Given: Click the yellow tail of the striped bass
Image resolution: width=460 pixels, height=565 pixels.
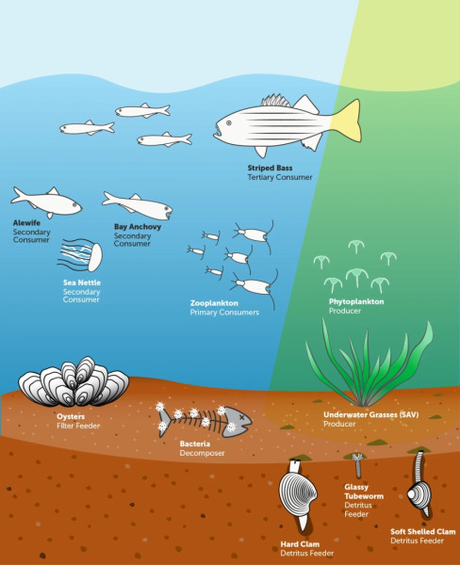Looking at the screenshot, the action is tap(348, 121).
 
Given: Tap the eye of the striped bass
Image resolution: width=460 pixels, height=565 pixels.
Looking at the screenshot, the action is tap(229, 123).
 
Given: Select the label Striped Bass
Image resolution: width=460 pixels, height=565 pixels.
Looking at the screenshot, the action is tap(270, 168).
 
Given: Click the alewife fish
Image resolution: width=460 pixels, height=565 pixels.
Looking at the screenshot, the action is tap(46, 202).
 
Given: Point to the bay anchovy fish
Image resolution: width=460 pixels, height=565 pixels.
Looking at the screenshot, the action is tap(138, 205).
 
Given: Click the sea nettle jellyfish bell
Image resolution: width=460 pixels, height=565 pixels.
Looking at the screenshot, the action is tap(95, 257).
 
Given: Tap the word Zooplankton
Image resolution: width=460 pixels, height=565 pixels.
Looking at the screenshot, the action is tap(214, 303).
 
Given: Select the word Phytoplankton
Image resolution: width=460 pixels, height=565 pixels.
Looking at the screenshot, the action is tap(356, 301).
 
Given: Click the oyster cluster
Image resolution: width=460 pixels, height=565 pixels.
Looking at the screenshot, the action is tap(74, 382).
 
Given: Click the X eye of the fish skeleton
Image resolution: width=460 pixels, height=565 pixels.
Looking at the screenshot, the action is tap(241, 417).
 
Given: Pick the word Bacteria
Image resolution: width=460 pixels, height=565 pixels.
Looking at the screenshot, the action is tap(195, 444).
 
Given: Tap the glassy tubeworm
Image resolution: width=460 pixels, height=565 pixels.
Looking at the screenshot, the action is tap(357, 465).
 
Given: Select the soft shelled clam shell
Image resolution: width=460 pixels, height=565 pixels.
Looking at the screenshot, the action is tap(419, 495).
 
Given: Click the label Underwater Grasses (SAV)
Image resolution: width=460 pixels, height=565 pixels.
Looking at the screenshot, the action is tap(370, 414).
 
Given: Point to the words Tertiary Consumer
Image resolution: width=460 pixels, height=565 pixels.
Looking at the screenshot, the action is tap(280, 177).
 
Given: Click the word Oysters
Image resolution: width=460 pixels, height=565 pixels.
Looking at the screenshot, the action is tap(71, 416).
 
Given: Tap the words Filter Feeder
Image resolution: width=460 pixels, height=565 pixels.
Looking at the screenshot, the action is tap(78, 426).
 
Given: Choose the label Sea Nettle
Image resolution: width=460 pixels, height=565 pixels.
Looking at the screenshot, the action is tap(82, 282).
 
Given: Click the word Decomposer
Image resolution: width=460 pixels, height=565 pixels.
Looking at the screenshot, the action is tap(202, 453).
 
